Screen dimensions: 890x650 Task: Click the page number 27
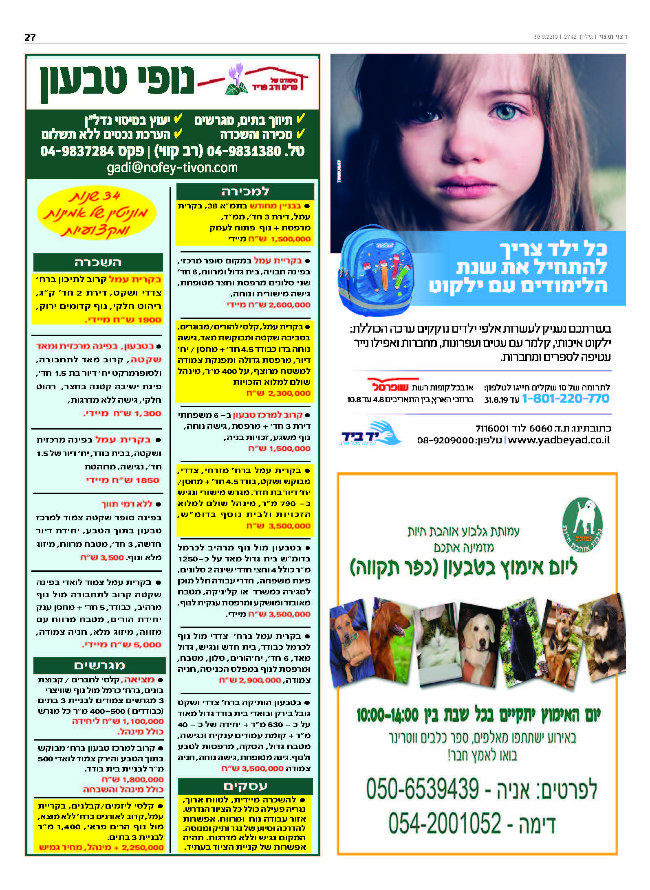(x=30, y=37)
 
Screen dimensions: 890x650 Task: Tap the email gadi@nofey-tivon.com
(x=172, y=168)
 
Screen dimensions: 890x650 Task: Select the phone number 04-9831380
(x=244, y=151)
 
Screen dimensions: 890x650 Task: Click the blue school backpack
(x=375, y=272)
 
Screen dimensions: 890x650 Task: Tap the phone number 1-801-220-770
(x=565, y=399)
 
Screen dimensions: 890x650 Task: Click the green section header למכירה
(x=245, y=191)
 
